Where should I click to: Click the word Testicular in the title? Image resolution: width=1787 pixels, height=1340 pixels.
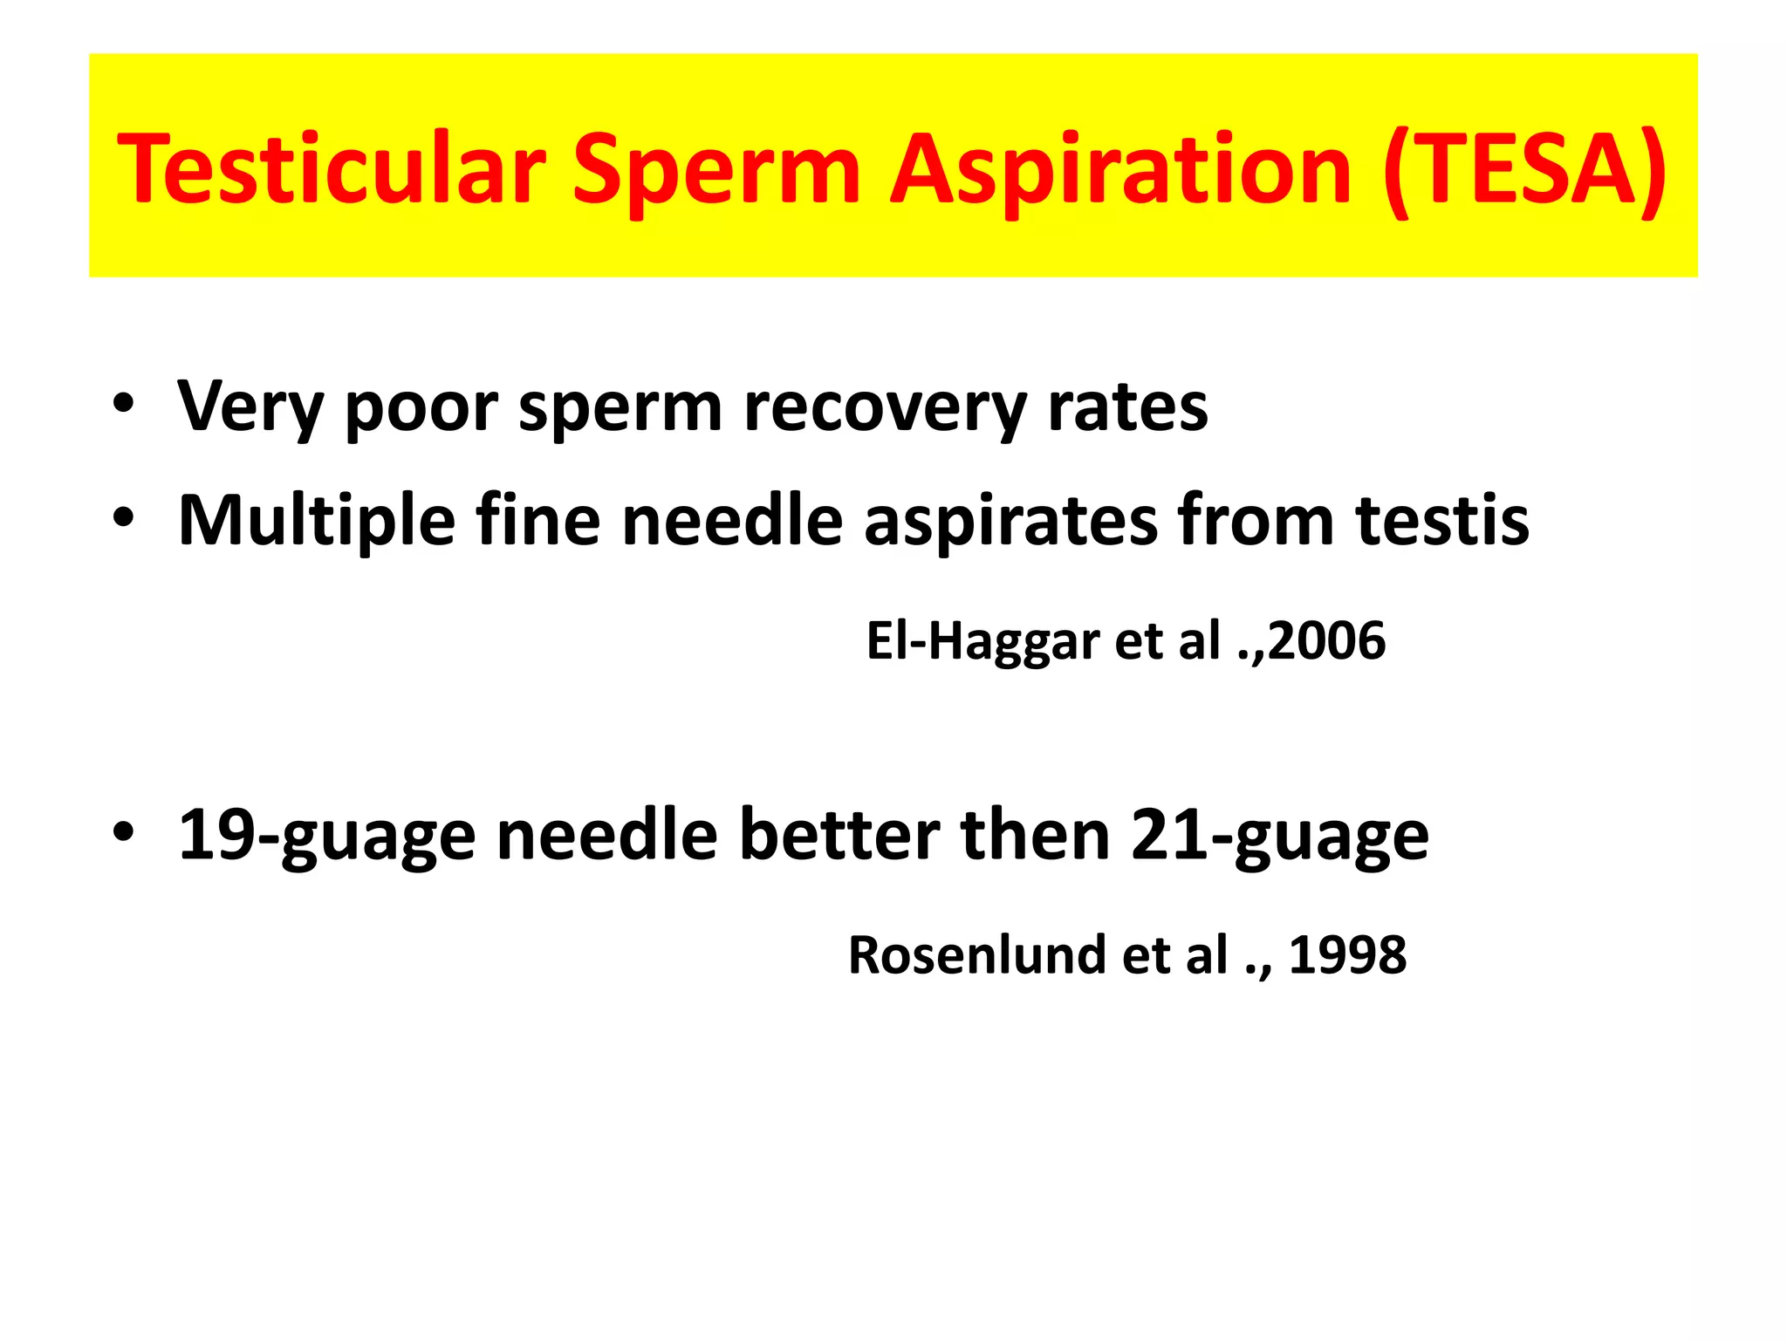[x=332, y=169]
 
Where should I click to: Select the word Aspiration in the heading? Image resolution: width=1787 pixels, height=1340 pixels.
[x=1120, y=169]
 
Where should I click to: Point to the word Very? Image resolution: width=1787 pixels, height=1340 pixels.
[x=250, y=407]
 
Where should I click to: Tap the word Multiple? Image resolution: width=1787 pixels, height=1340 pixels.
[x=316, y=521]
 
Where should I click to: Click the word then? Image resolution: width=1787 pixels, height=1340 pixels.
[x=1035, y=836]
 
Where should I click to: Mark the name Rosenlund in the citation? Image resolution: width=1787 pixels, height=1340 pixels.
[x=977, y=955]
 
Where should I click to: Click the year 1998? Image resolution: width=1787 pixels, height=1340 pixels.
[x=1347, y=955]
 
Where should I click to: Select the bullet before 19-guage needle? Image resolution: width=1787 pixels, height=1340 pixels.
[x=123, y=831]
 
